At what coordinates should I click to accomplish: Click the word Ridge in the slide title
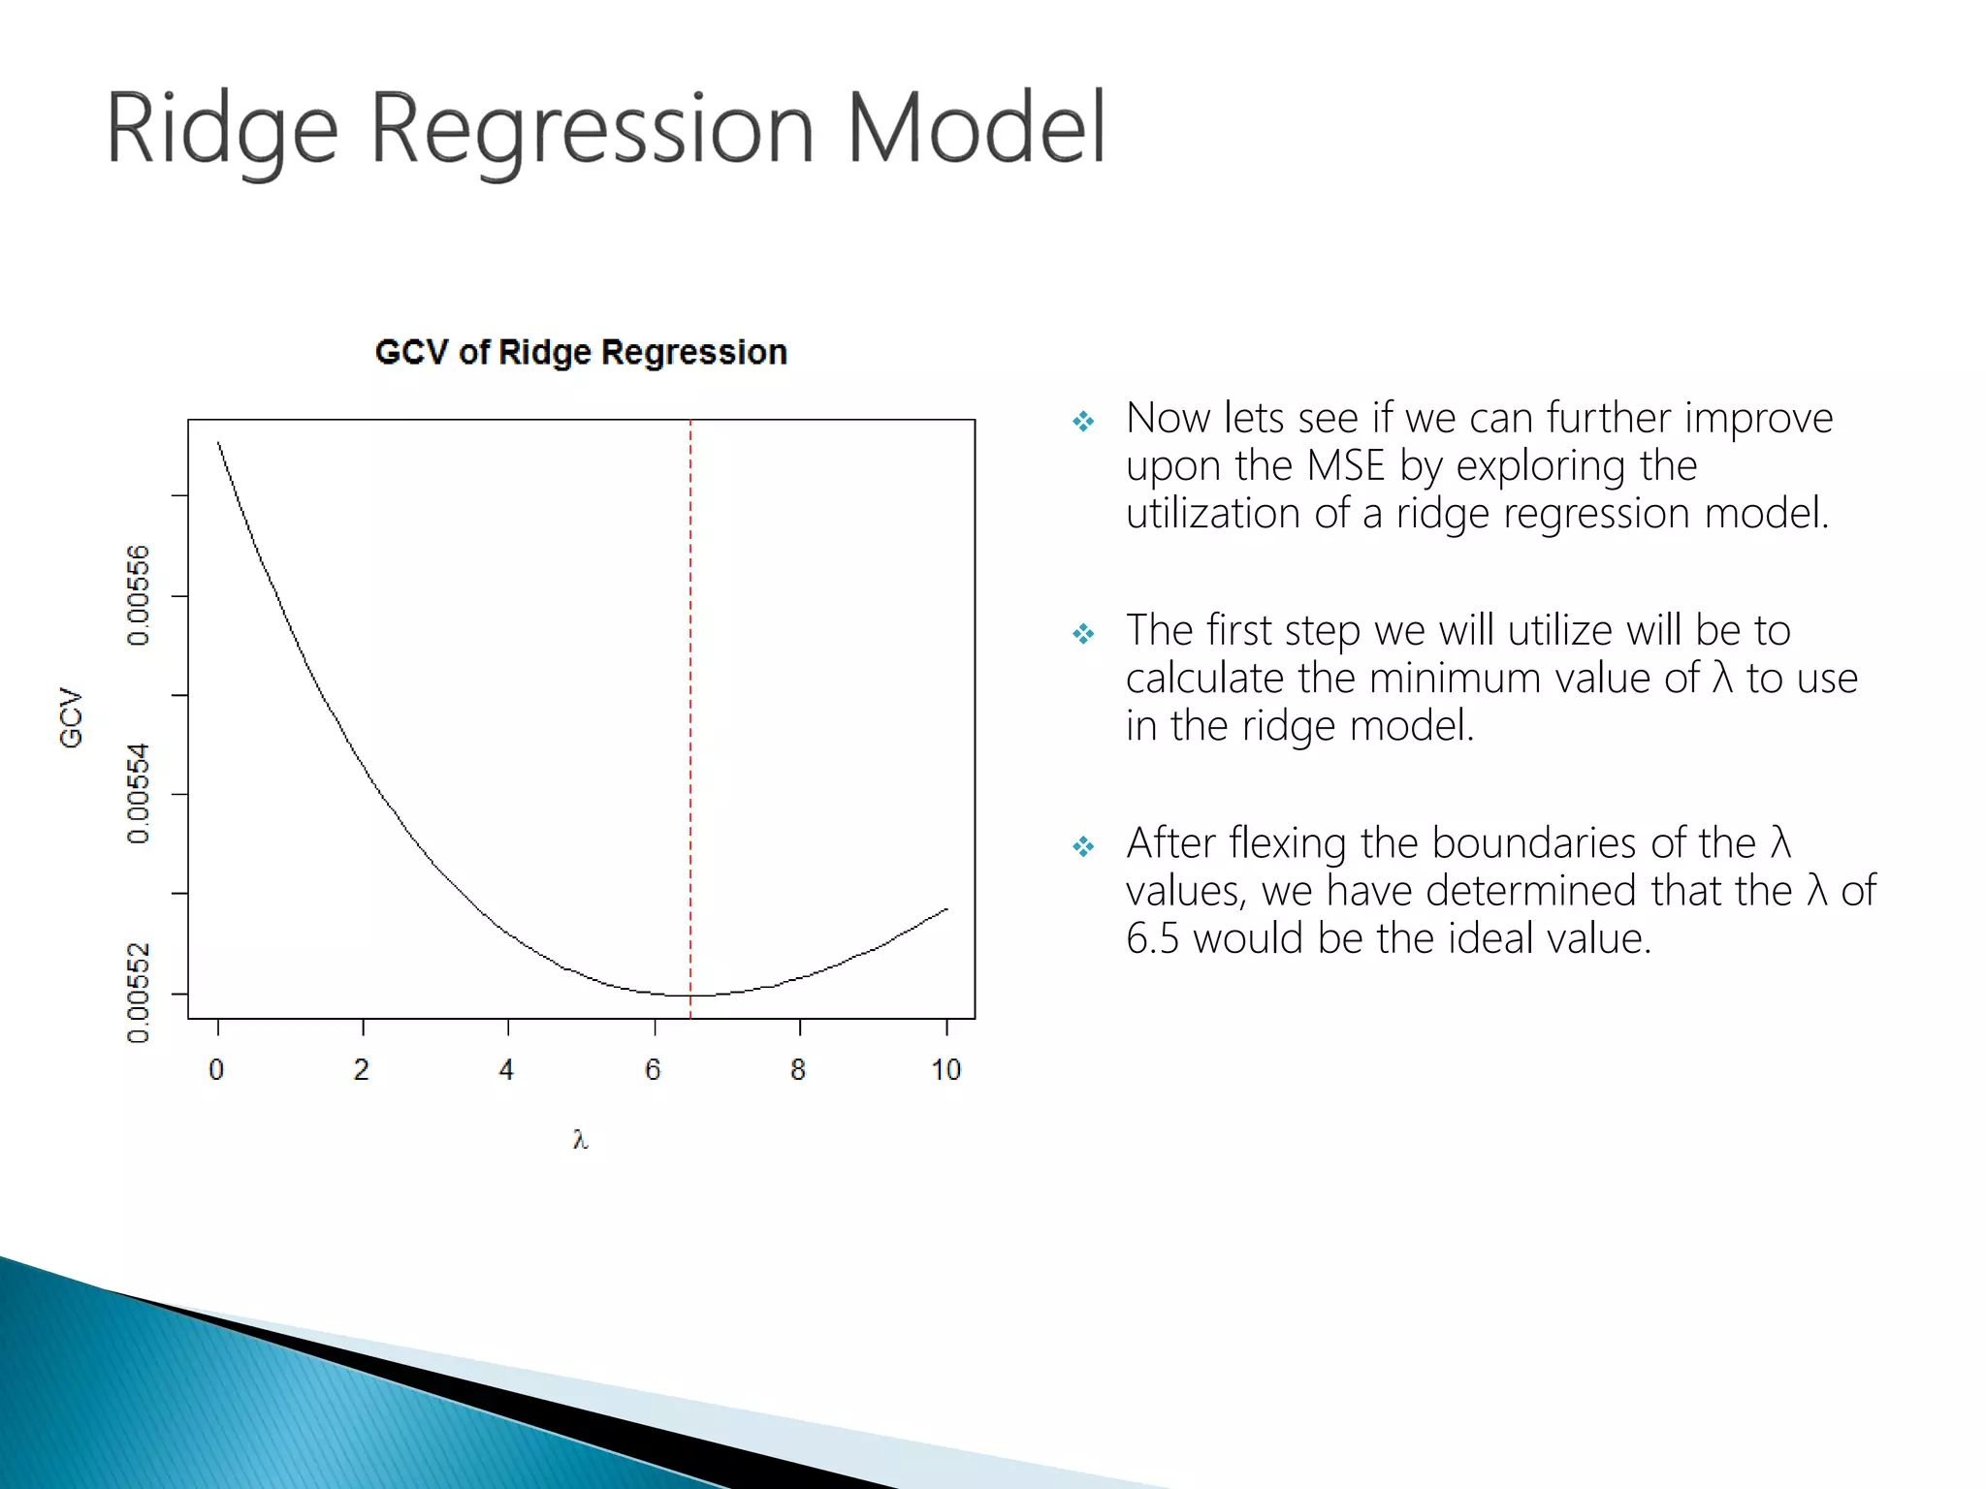click(x=221, y=129)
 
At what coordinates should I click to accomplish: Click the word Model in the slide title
click(x=976, y=129)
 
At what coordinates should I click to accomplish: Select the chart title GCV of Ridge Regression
click(x=581, y=352)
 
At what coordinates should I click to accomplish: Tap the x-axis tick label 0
click(x=216, y=1070)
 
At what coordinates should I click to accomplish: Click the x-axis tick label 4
click(x=506, y=1070)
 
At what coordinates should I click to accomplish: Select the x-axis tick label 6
click(x=653, y=1070)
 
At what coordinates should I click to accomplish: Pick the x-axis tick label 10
click(x=945, y=1070)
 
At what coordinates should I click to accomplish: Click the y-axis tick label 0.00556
click(x=139, y=595)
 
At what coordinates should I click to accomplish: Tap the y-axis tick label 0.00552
click(x=139, y=993)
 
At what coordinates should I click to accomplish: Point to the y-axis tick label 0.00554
click(x=139, y=793)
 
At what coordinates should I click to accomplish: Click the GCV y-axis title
click(x=71, y=718)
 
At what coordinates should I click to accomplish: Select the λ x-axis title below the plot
click(x=580, y=1140)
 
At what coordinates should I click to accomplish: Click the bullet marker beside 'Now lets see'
click(x=1083, y=422)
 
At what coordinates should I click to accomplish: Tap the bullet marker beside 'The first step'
click(x=1083, y=634)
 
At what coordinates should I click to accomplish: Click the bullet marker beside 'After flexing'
click(x=1083, y=847)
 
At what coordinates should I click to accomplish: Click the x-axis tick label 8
click(x=798, y=1070)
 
